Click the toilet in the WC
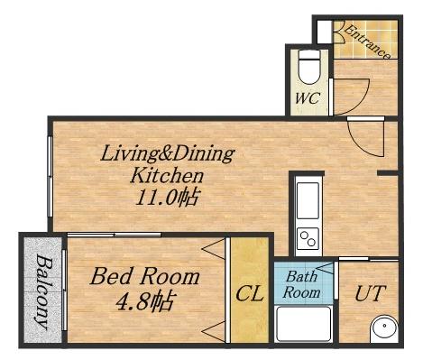pos(309,67)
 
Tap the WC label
pos(308,98)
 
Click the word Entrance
pos(367,42)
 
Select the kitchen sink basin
pos(308,200)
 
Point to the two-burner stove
pos(308,238)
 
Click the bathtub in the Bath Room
pos(304,324)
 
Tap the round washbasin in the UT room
pos(384,328)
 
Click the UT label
pos(371,293)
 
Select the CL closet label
pos(250,294)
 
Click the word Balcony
pos(43,291)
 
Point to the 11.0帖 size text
pos(167,198)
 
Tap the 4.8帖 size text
pos(145,302)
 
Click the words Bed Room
pos(145,277)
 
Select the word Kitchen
pos(167,176)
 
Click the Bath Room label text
pos(301,284)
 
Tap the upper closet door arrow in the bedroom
pos(214,248)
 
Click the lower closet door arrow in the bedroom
pos(214,331)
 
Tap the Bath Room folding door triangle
pos(326,268)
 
